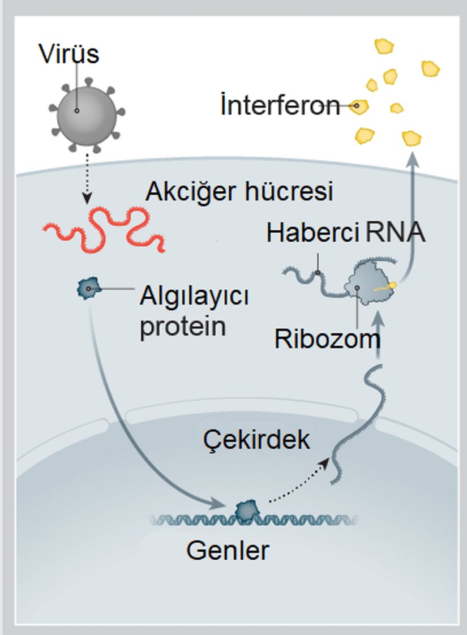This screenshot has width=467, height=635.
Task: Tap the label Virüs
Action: pos(68,54)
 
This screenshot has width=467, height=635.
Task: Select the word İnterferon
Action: pos(280,106)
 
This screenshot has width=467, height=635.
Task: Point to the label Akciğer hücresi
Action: pos(239,192)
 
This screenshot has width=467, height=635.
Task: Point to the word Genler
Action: pos(228,550)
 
